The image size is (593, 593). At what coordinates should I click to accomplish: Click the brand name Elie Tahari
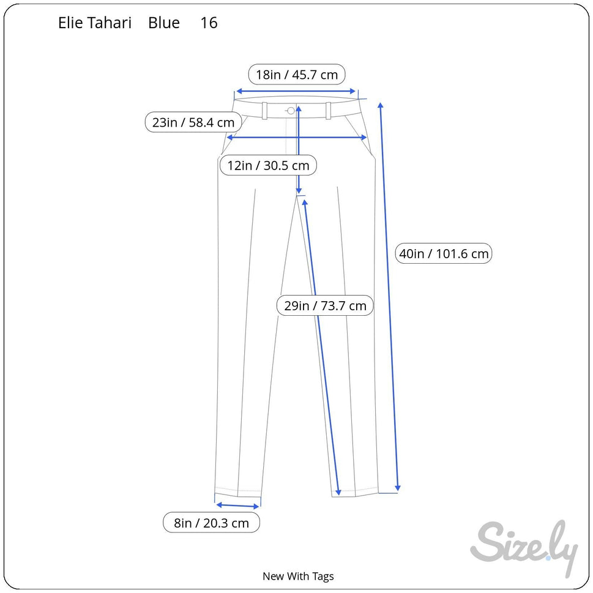(94, 23)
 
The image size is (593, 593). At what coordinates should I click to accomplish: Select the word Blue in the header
(164, 23)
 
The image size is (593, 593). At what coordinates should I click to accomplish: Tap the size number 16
(209, 23)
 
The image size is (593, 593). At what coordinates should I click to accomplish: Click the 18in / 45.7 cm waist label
(297, 75)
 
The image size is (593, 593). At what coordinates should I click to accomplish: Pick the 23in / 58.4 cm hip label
(193, 122)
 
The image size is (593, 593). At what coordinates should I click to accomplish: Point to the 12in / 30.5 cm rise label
(268, 165)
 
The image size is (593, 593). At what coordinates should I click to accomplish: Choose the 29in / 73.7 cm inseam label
(325, 305)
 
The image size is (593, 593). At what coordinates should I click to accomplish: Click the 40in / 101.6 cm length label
(444, 253)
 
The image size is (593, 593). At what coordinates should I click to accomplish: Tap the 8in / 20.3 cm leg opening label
(211, 523)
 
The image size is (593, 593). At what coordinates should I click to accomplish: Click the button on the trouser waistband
(291, 111)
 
